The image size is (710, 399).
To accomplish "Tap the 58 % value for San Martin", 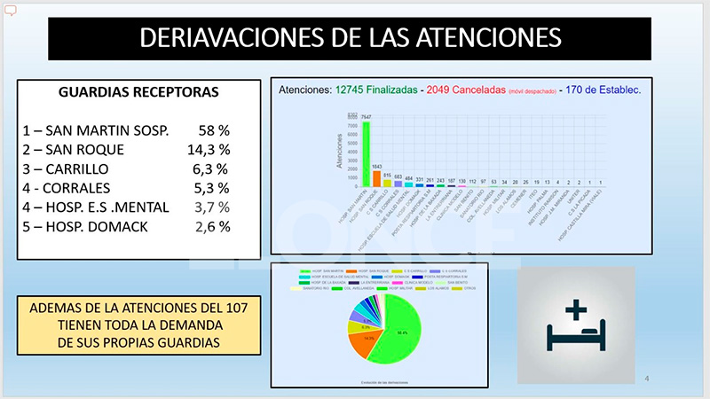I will point(213,131).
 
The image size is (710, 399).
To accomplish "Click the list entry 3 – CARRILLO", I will point(78,168).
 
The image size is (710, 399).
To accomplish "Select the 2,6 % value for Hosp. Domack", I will point(212,226).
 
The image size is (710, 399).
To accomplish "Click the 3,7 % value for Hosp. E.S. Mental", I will point(212,207).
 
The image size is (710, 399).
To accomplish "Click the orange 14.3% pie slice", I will point(367,339).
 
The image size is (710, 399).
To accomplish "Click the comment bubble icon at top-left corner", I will point(12,11).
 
